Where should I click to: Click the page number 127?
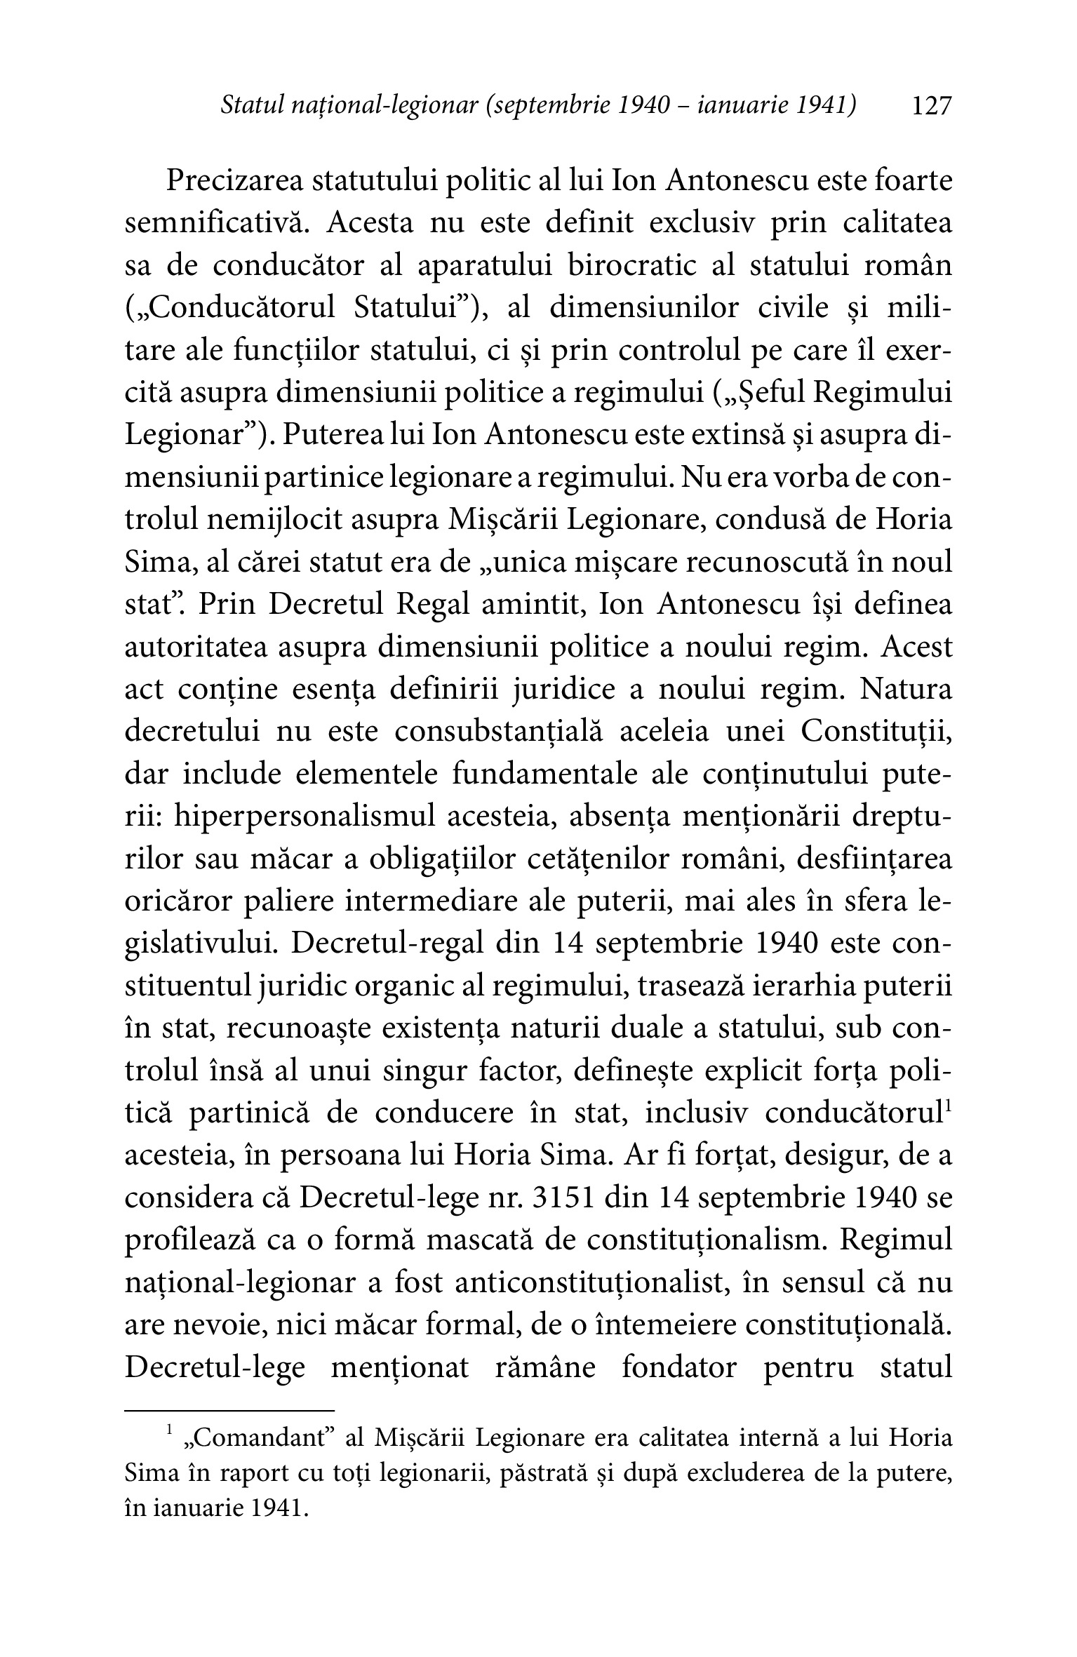coord(930,107)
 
